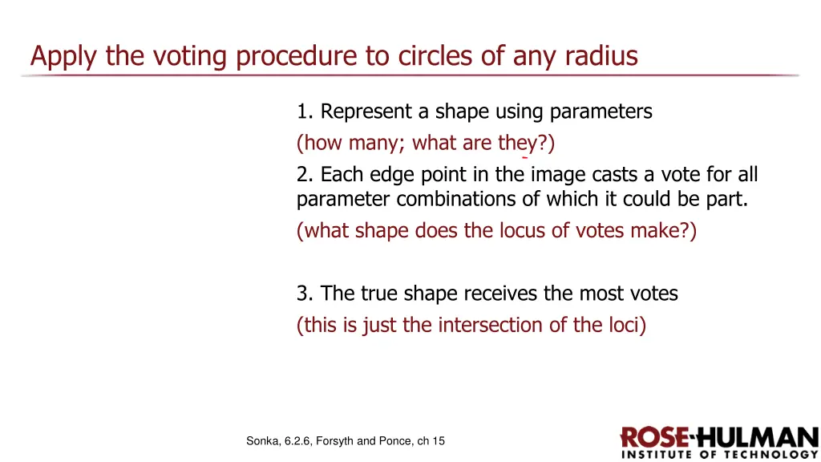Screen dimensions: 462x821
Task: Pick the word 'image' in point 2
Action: pos(560,175)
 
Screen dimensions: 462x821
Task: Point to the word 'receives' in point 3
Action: pos(499,294)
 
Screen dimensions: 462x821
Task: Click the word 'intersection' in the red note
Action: pos(488,326)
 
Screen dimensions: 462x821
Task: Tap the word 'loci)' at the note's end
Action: pos(625,326)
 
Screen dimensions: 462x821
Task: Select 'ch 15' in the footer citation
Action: pos(431,441)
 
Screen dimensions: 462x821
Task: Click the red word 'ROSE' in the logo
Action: pos(654,438)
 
